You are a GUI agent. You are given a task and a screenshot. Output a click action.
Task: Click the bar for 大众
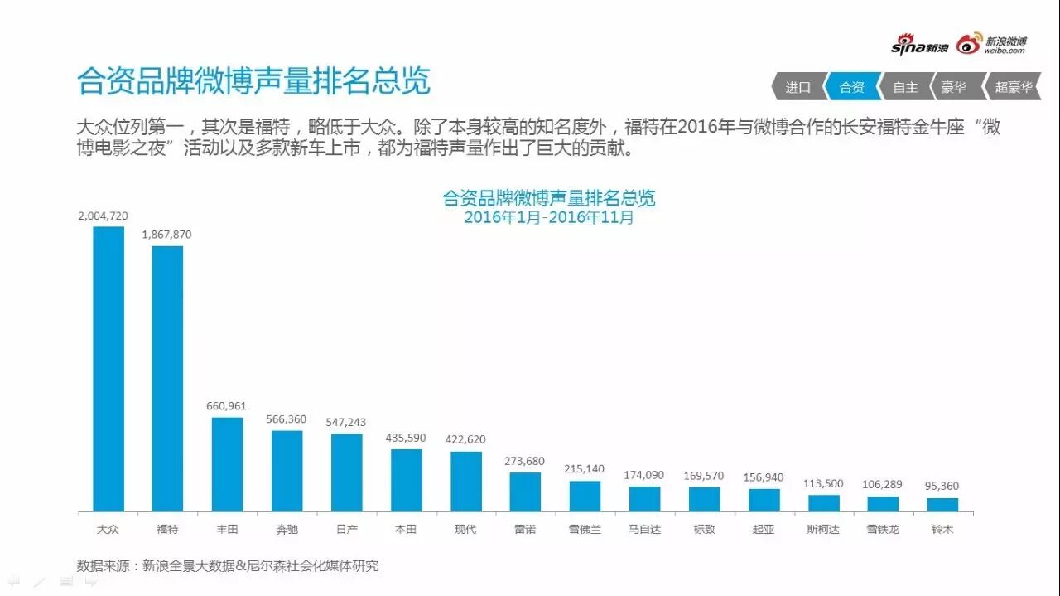[108, 369]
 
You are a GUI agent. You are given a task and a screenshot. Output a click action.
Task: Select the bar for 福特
[167, 379]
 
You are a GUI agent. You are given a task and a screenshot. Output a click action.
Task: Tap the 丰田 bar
[227, 464]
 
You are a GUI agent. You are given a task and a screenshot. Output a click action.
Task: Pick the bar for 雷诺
[525, 492]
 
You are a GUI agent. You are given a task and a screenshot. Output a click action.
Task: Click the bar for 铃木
[942, 504]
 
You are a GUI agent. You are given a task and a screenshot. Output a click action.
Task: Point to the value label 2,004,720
[103, 216]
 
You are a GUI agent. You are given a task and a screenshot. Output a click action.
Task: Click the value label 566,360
[287, 419]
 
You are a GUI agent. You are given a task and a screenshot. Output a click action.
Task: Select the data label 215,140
[585, 469]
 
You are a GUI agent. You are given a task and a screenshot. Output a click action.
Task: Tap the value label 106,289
[883, 485]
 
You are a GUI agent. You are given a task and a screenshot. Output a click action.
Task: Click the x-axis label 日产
[346, 529]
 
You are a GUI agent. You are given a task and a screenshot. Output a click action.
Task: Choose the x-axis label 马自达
[644, 529]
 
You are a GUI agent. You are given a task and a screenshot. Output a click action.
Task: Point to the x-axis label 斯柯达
[823, 529]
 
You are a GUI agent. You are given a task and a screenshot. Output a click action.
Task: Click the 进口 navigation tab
[798, 87]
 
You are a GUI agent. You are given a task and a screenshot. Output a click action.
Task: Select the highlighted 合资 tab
[852, 87]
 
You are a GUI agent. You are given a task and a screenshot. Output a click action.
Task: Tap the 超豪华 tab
[1014, 87]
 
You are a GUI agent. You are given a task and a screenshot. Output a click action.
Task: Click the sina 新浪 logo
[919, 46]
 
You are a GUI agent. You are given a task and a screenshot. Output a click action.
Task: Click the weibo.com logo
[991, 45]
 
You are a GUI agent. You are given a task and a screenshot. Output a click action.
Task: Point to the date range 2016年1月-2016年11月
[548, 217]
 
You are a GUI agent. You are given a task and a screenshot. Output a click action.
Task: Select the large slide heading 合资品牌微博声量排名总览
[253, 82]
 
